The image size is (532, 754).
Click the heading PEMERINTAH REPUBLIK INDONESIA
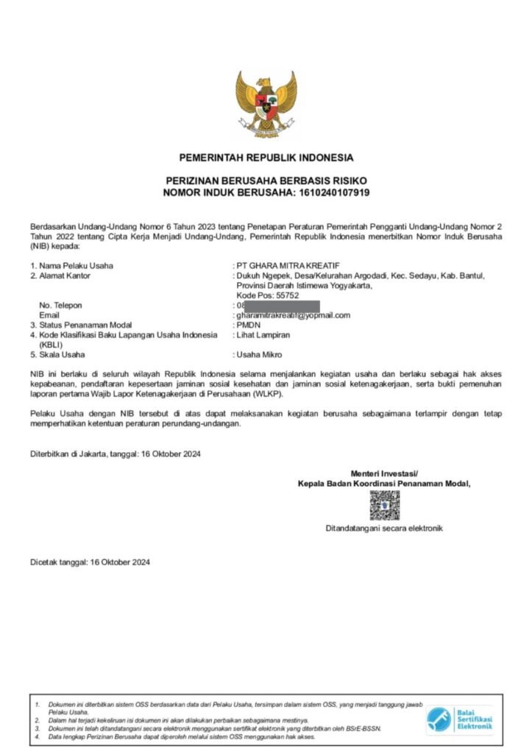(266, 158)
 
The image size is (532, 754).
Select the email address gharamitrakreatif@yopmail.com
(293, 315)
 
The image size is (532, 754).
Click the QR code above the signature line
(384, 506)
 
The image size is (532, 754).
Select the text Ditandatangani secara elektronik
(384, 529)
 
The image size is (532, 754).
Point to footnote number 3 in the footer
(38, 728)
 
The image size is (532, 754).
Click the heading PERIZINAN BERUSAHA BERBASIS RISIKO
(266, 180)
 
